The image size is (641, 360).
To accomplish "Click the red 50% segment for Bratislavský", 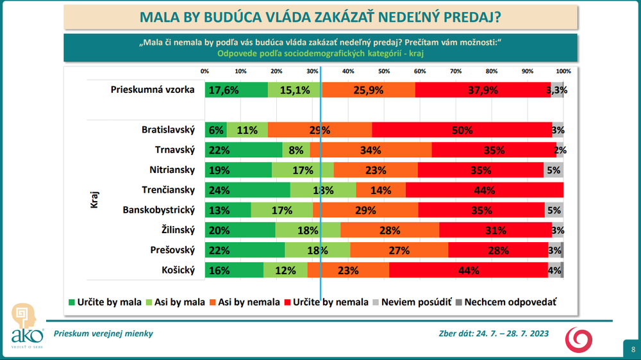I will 462,130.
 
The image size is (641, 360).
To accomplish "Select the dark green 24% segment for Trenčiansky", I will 247,190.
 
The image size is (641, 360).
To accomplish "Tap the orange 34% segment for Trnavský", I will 370,150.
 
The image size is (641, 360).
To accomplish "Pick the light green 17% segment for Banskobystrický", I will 282,210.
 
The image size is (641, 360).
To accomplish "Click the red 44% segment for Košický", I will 468,270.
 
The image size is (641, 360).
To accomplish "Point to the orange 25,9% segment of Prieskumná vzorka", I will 369,90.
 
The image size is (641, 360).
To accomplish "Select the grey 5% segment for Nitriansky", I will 554,170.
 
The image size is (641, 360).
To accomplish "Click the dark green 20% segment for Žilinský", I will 240,230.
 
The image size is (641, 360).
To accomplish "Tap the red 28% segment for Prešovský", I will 498,250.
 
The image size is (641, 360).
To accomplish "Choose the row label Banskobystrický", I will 158,210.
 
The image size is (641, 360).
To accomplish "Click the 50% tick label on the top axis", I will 384,71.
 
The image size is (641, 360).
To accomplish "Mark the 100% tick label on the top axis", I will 563,71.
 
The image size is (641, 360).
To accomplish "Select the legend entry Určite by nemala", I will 330,302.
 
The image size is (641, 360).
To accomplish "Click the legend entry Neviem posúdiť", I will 416,302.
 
